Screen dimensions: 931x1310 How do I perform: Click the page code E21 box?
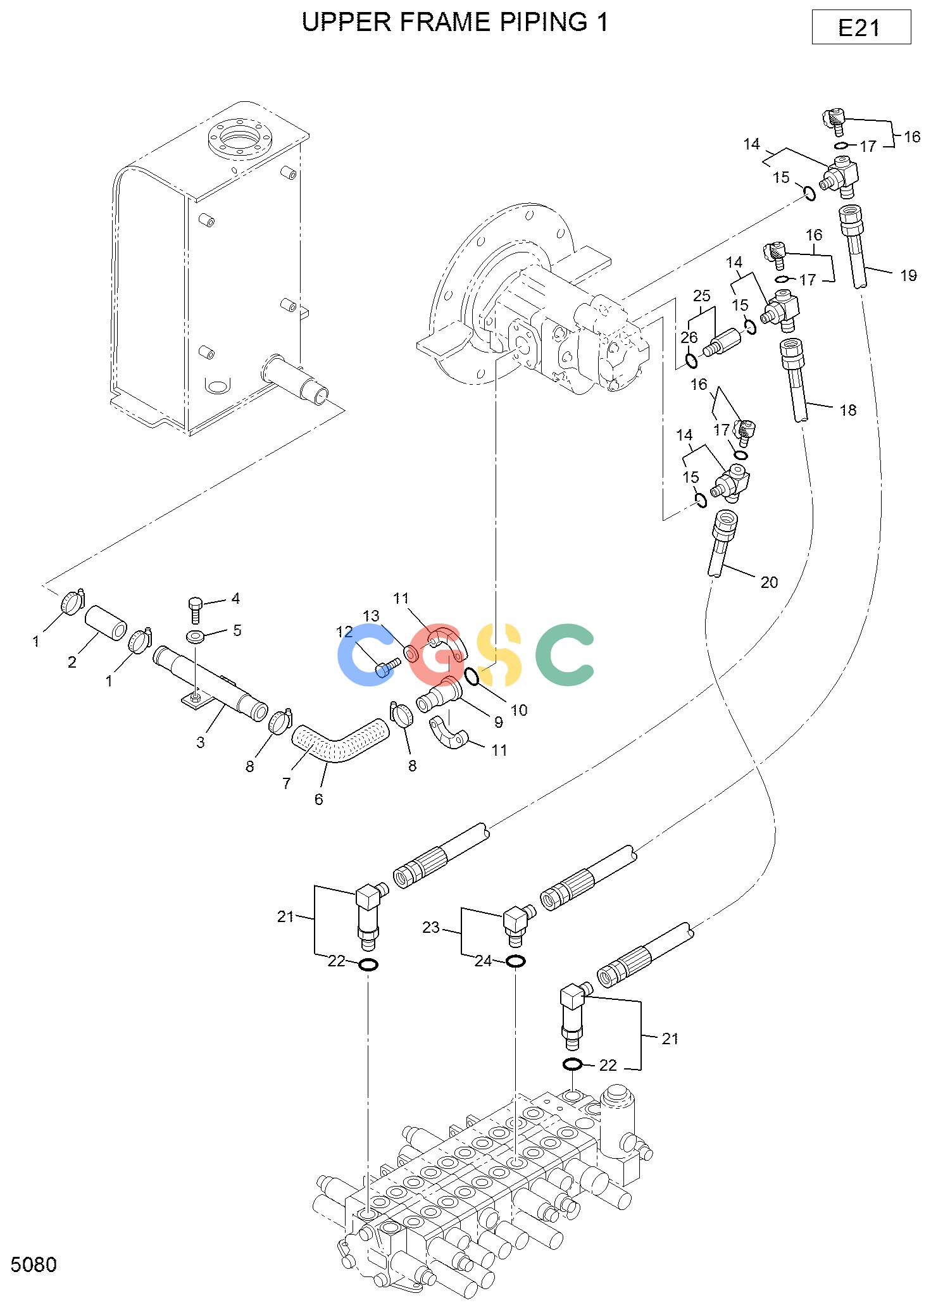(861, 27)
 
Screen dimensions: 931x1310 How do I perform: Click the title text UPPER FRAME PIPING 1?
(455, 22)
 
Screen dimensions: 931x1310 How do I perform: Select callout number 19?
(908, 275)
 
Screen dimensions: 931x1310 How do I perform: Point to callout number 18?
(848, 410)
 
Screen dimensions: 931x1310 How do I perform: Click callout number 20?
(769, 582)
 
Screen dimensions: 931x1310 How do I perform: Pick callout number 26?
(689, 338)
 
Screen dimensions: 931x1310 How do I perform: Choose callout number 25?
(701, 296)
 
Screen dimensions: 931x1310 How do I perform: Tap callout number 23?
(430, 927)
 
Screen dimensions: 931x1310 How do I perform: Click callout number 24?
(483, 961)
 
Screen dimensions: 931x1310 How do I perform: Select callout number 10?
(519, 710)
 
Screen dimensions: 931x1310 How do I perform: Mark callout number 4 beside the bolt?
(235, 598)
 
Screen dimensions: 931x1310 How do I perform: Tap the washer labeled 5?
(196, 635)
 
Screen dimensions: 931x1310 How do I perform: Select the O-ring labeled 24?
(516, 961)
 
